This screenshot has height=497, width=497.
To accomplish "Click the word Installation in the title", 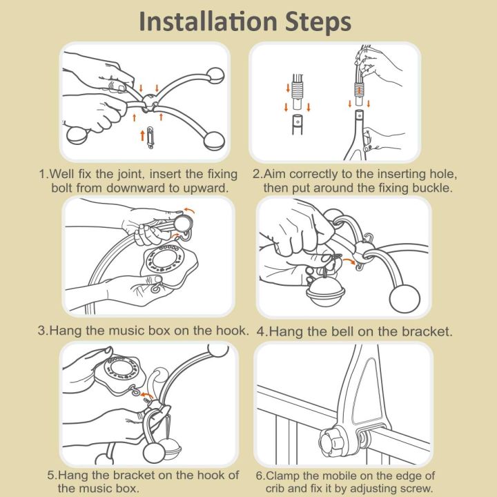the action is point(208,21).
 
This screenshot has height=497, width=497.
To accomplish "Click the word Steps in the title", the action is point(318,22).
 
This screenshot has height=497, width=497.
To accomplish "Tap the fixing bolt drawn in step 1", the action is point(150,137).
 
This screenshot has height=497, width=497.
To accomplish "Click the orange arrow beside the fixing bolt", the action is point(142,135).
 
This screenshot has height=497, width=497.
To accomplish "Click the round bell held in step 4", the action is point(325,291).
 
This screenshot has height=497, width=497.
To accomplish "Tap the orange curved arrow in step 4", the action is point(349,260).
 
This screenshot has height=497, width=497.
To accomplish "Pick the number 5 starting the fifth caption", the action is point(51,475).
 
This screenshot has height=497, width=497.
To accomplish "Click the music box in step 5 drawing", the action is point(121,375).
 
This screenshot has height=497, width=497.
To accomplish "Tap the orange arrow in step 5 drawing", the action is point(147,395).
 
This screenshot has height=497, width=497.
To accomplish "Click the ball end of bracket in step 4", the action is point(405,299).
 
